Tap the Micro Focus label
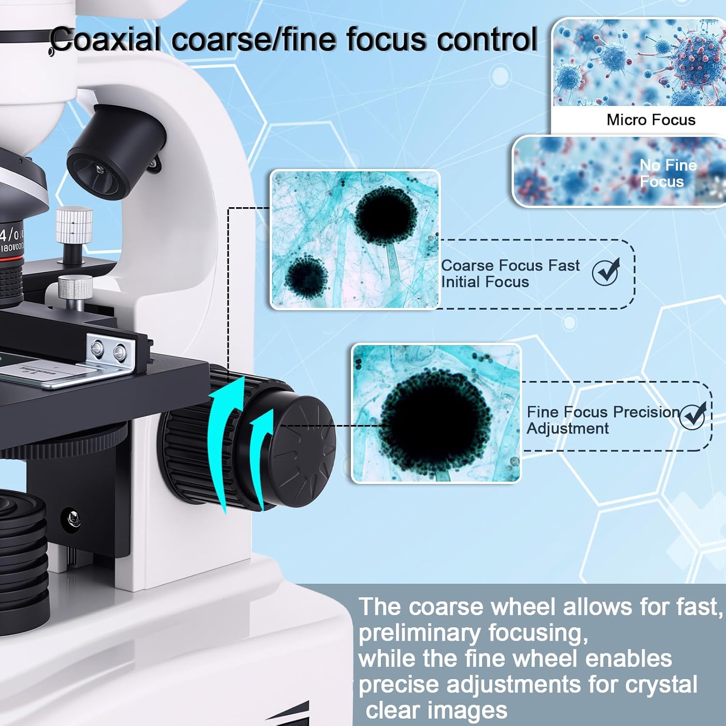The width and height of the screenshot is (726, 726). (x=650, y=120)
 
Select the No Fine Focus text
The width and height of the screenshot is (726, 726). (x=667, y=173)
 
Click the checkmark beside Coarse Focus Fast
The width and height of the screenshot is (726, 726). (x=605, y=272)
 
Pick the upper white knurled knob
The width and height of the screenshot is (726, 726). (x=74, y=225)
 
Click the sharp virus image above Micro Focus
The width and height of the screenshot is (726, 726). (x=639, y=63)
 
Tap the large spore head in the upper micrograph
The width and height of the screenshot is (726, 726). (x=386, y=216)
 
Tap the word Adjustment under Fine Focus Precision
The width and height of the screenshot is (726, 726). (x=567, y=429)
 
